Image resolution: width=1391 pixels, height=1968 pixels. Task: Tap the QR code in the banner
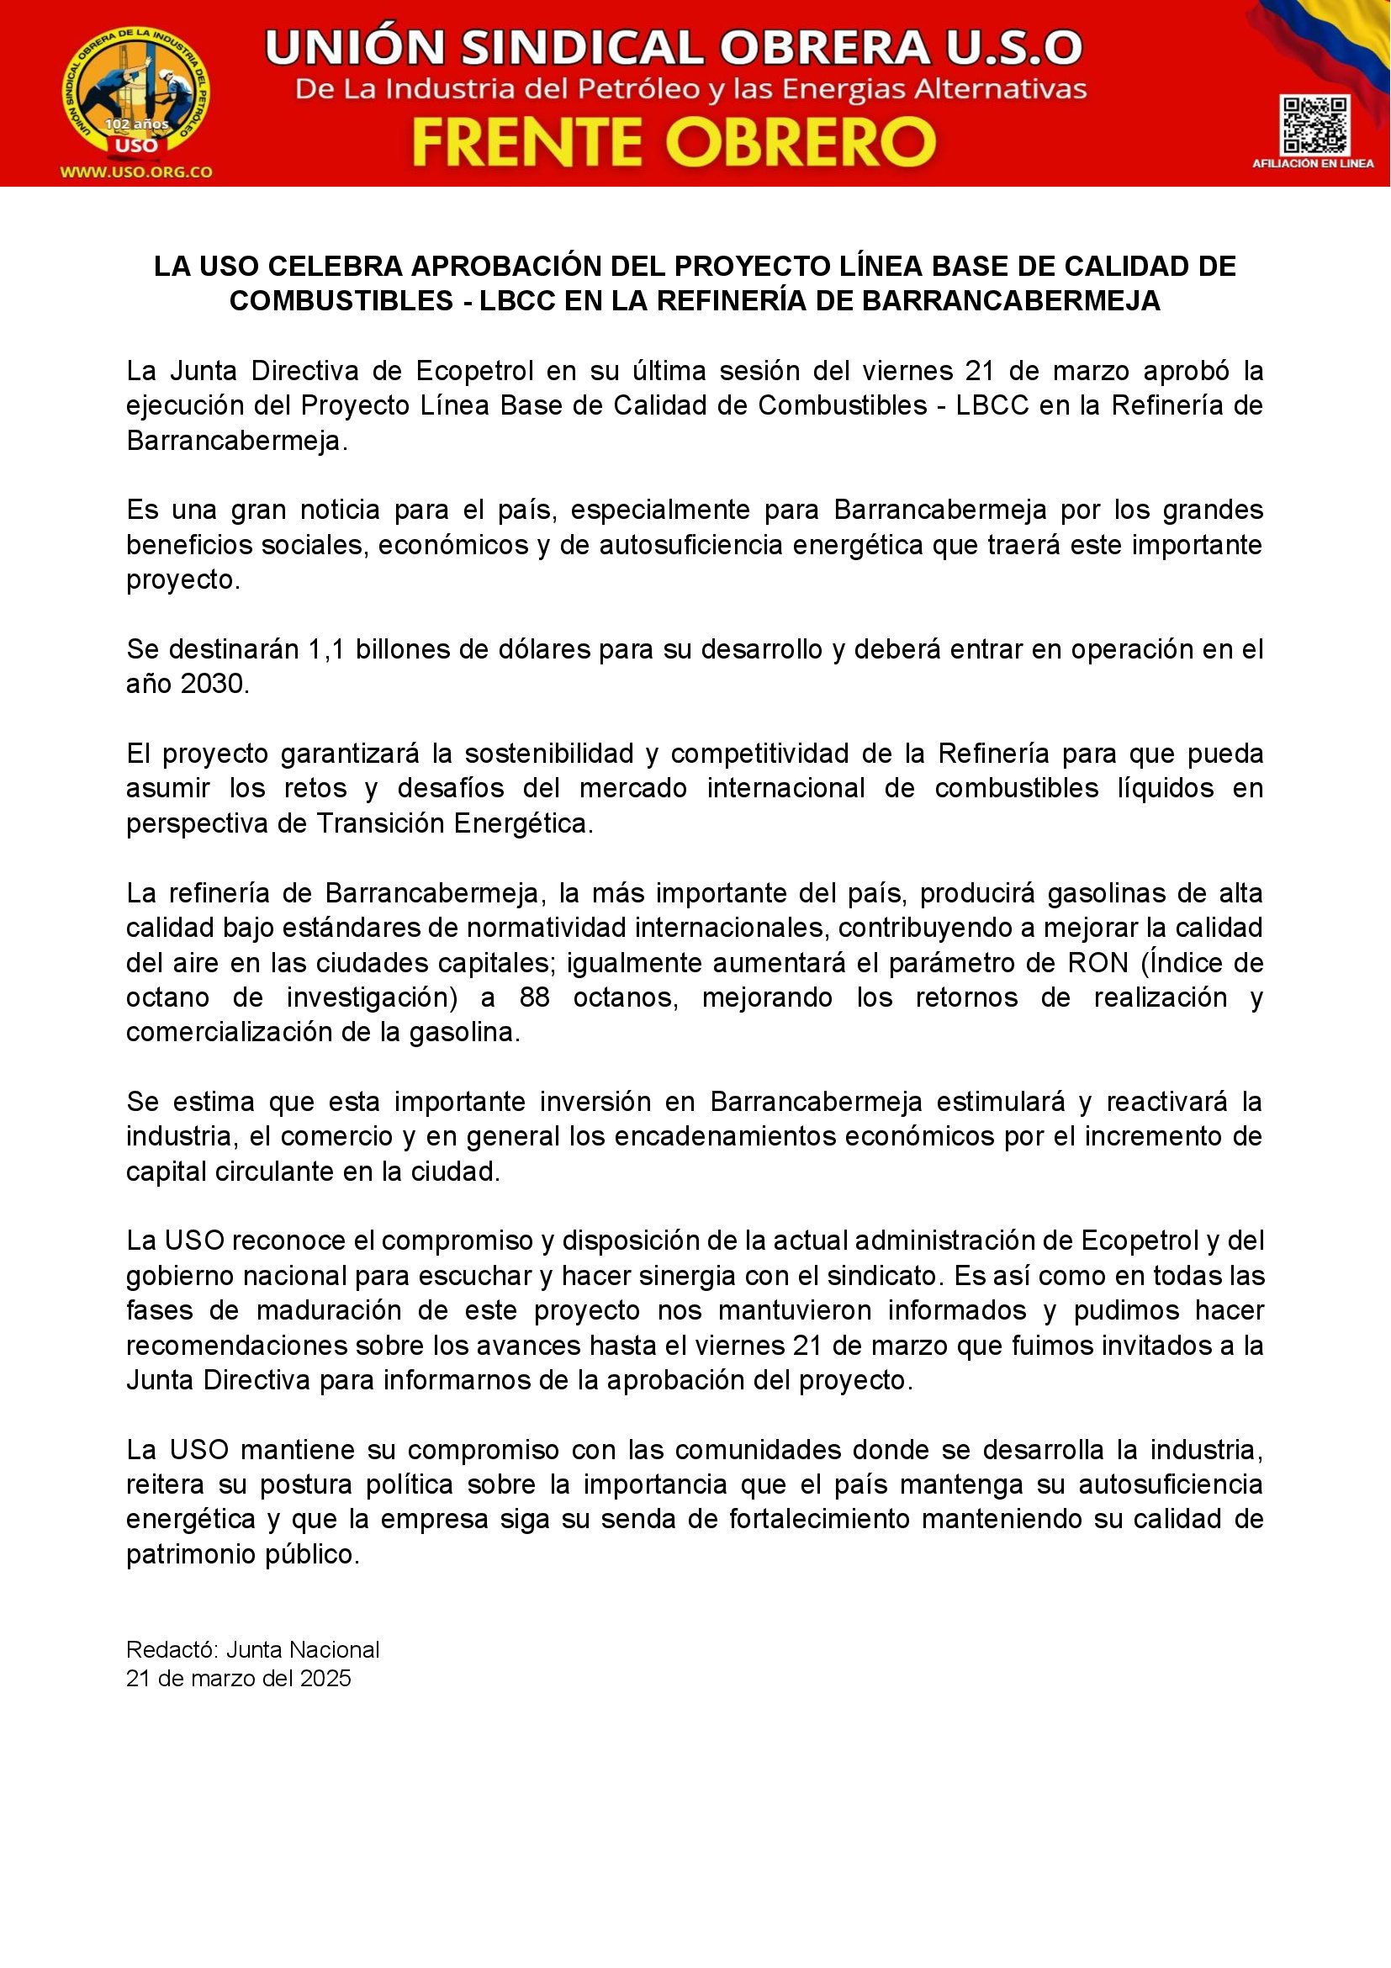click(x=1313, y=125)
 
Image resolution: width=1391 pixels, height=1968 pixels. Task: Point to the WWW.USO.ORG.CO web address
click(x=136, y=172)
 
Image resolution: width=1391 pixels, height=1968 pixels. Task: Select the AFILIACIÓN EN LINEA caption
click(x=1313, y=163)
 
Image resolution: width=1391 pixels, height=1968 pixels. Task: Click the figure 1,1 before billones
click(x=325, y=650)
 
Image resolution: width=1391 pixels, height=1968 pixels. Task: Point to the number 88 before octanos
click(x=535, y=997)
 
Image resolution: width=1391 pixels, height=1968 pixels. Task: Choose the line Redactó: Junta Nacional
click(x=252, y=1650)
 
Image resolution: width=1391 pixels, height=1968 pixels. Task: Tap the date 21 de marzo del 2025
click(x=238, y=1679)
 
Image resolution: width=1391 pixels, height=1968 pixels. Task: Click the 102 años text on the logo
click(x=136, y=124)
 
